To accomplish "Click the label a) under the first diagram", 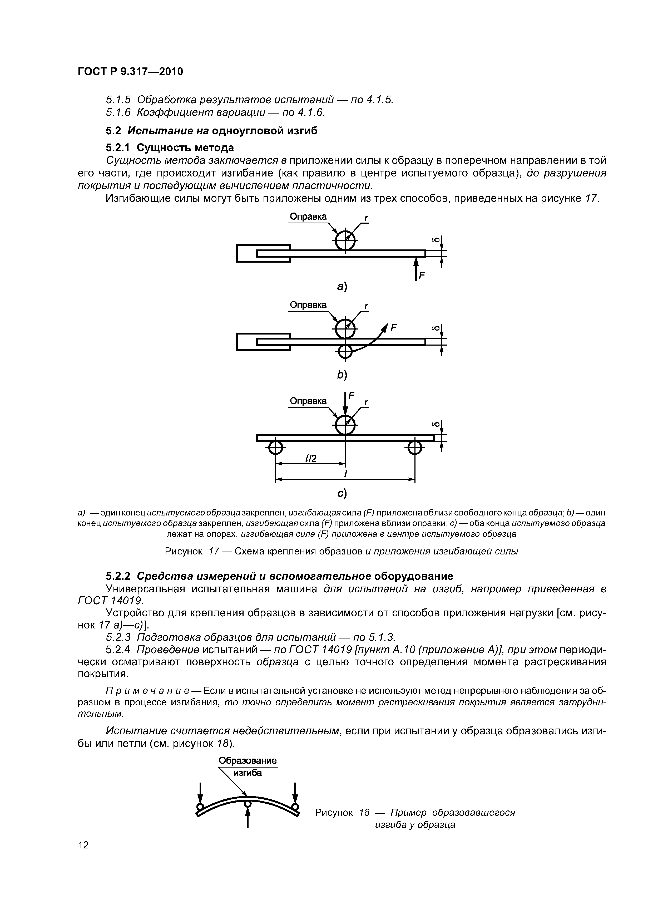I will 342,287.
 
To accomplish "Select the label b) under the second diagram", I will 342,375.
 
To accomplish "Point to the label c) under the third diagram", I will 342,493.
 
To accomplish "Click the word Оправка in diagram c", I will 308,401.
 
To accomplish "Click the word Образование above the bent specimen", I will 248,761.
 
